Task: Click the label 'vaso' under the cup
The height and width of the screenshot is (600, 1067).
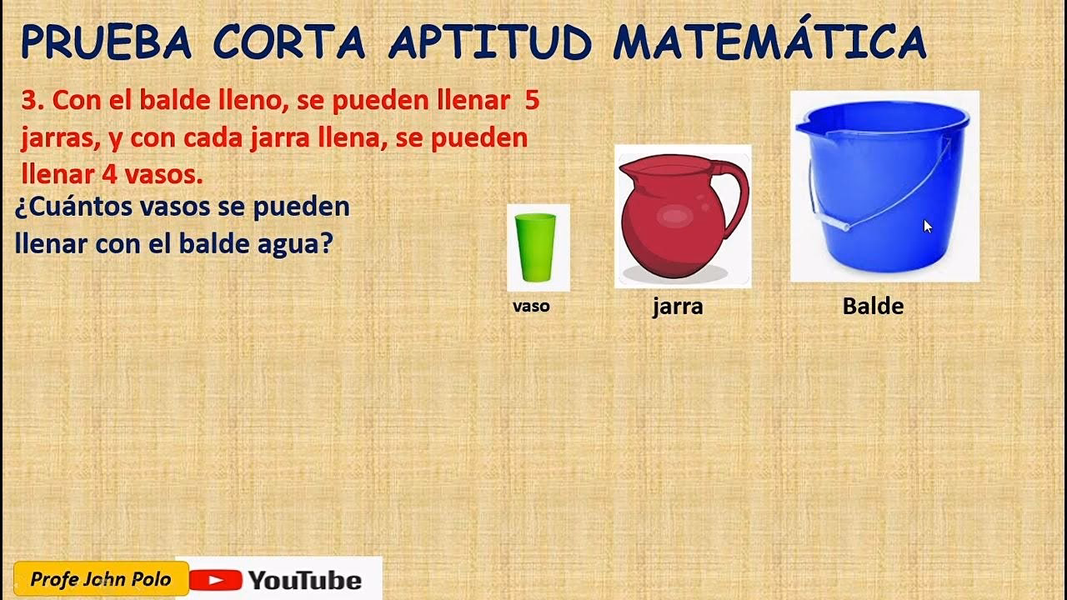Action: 531,306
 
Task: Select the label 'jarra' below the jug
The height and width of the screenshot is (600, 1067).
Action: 678,307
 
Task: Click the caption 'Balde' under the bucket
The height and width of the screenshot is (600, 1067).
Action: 873,307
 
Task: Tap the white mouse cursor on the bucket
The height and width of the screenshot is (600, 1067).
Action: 928,226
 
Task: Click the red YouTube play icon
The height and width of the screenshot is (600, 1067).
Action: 215,580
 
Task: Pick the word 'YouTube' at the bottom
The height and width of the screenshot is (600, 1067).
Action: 304,580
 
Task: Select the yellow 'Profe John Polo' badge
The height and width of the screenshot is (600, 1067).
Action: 100,579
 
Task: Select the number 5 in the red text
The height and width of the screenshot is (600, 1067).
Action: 532,102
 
